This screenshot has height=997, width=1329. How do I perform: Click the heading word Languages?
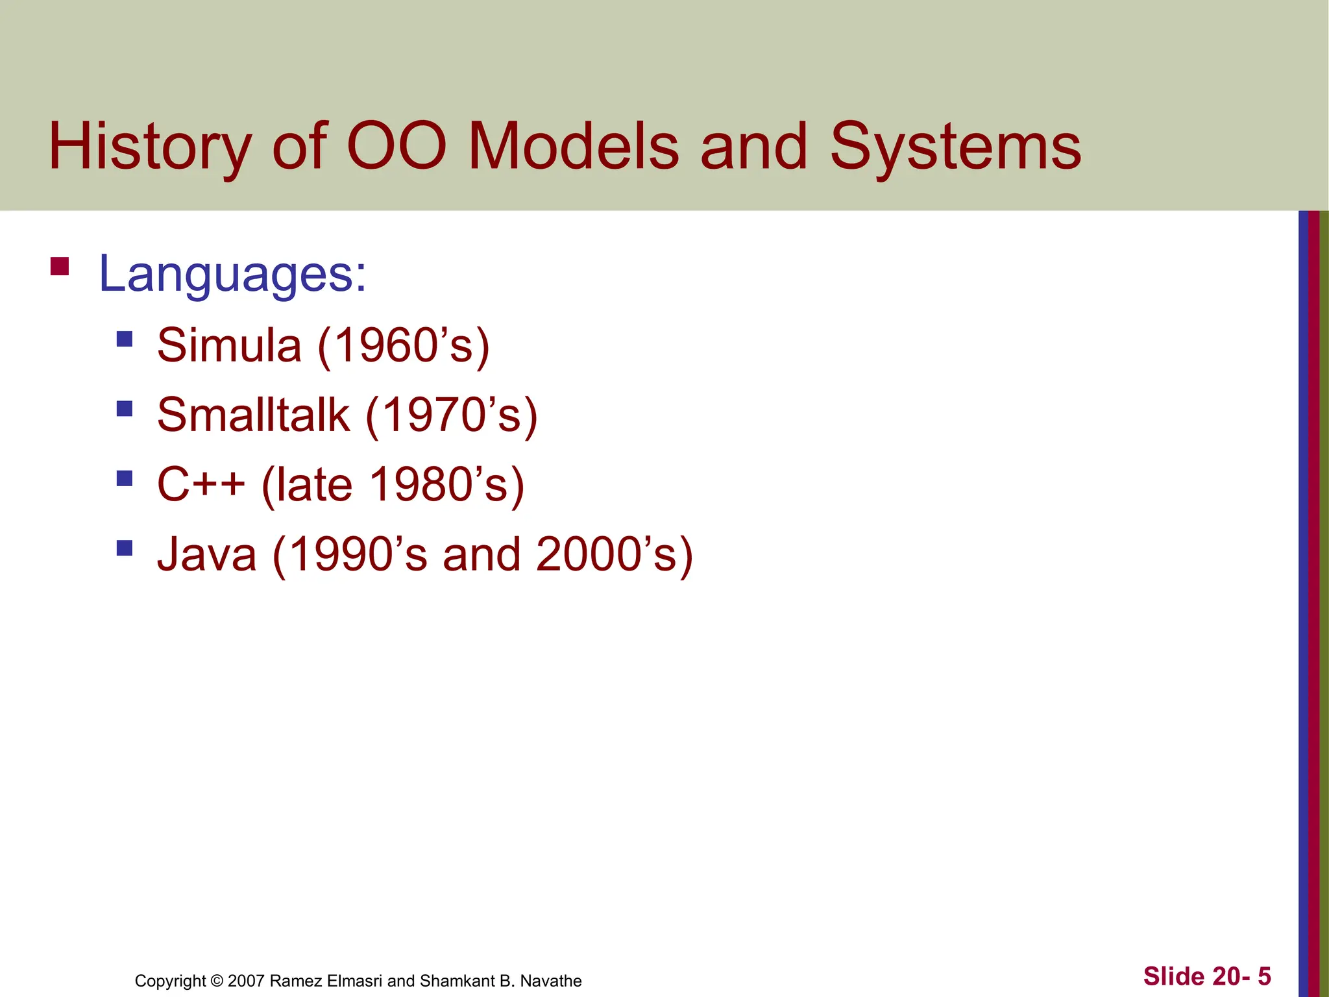point(232,274)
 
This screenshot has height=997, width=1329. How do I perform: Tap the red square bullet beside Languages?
point(60,267)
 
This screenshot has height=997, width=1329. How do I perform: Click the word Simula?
point(229,345)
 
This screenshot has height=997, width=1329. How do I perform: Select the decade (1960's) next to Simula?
point(403,345)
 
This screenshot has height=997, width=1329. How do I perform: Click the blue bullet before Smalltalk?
point(125,408)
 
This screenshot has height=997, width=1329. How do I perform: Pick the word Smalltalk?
point(253,415)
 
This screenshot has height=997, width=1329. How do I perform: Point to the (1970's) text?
point(452,415)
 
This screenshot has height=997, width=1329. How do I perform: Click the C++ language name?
point(201,485)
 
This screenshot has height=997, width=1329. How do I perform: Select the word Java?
point(207,555)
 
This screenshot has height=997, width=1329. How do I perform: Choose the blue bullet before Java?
point(125,548)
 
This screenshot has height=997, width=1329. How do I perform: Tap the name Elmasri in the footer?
point(354,980)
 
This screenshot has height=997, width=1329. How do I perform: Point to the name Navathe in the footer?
point(551,980)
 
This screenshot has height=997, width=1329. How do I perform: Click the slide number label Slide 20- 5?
point(1207,976)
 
